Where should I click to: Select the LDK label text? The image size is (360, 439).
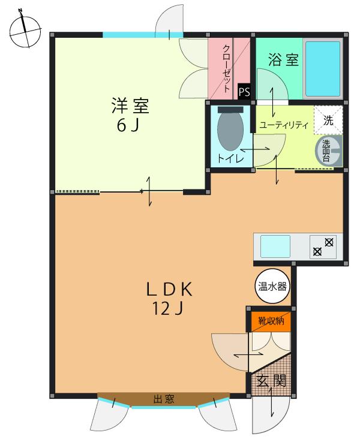point(170,289)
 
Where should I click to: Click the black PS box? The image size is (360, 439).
point(244,92)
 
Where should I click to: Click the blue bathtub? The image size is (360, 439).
point(323,69)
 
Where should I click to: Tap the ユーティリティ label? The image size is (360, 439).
point(283,125)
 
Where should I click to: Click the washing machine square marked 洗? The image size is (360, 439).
point(328,119)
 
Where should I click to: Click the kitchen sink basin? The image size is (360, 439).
point(275,246)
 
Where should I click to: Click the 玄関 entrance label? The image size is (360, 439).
point(271,380)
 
